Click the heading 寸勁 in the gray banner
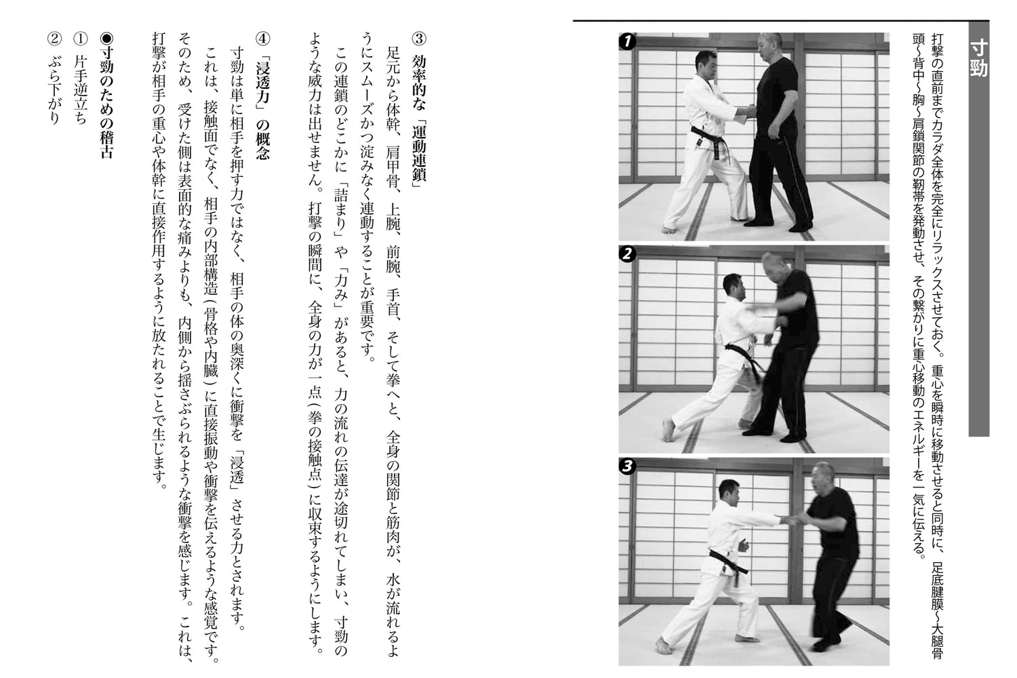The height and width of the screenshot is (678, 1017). click(978, 58)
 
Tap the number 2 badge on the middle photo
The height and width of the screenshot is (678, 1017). click(627, 254)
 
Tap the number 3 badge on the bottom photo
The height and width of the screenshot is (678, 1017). click(627, 466)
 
